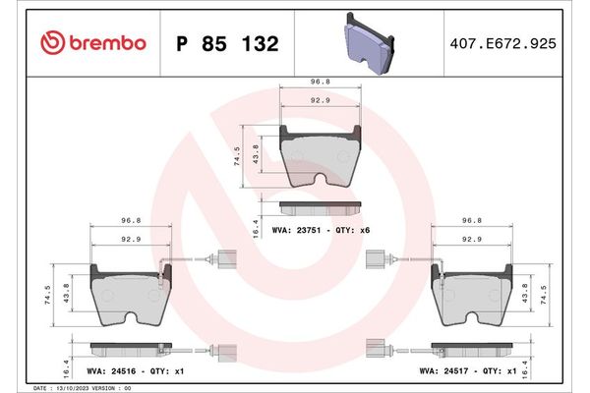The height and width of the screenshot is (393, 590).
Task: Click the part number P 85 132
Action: click(x=226, y=44)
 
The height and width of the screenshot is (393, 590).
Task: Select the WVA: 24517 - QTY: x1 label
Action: click(x=468, y=373)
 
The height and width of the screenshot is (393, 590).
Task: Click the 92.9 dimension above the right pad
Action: click(x=472, y=239)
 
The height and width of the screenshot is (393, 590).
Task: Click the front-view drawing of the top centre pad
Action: click(x=322, y=156)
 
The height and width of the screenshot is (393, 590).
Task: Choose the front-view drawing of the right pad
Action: click(x=472, y=295)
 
